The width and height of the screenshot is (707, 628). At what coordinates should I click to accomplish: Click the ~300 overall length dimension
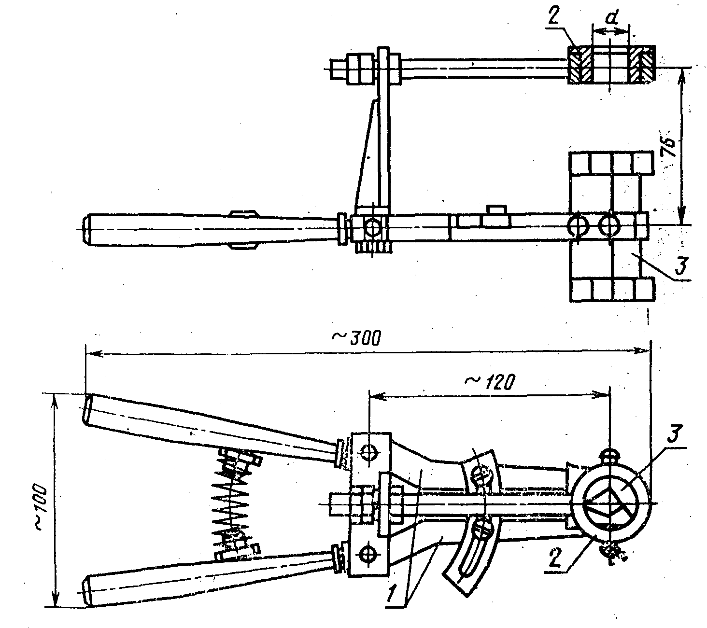point(356,338)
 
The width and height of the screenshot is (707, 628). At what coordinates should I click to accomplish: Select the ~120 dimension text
point(489,381)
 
